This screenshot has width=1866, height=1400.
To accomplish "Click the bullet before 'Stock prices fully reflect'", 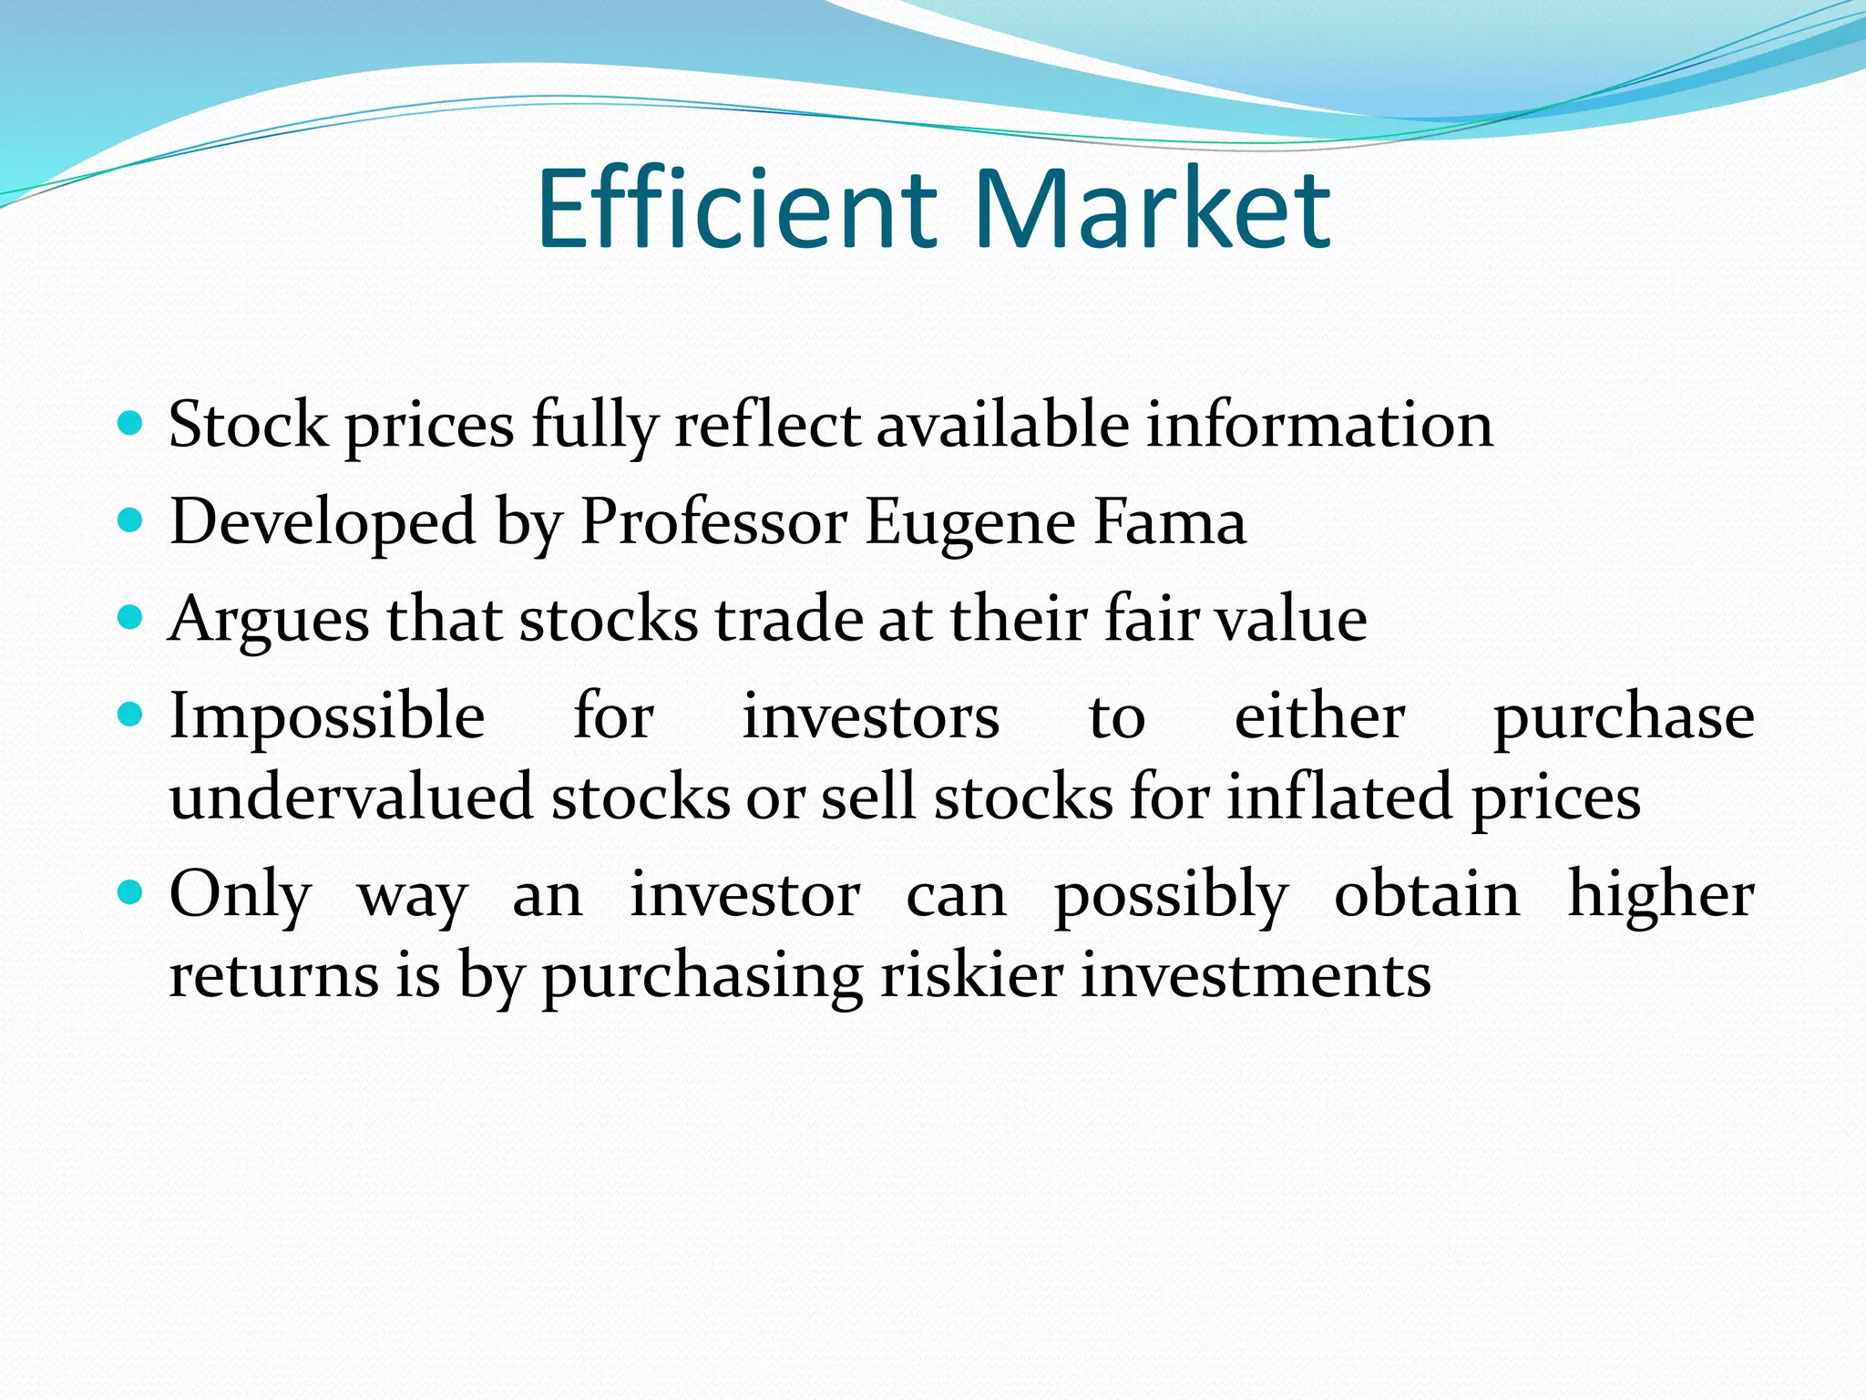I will pos(131,423).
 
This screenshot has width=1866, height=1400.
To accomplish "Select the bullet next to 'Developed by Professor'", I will pos(131,520).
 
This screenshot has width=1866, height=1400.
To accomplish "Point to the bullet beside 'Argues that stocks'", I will pos(131,618).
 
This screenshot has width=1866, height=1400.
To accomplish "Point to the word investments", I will pos(1256,975).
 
